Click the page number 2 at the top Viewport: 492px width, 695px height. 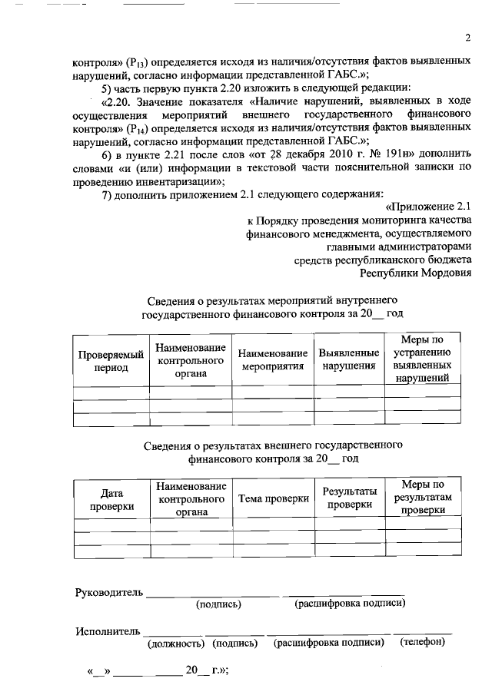point(467,39)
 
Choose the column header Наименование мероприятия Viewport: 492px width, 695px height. point(273,359)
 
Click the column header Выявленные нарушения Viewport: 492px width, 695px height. point(350,359)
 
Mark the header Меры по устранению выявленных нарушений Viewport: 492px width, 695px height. point(423,359)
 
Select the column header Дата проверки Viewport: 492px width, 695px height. point(111,500)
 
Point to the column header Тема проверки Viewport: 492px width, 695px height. point(273,498)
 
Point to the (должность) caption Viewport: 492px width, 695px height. point(175,644)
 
